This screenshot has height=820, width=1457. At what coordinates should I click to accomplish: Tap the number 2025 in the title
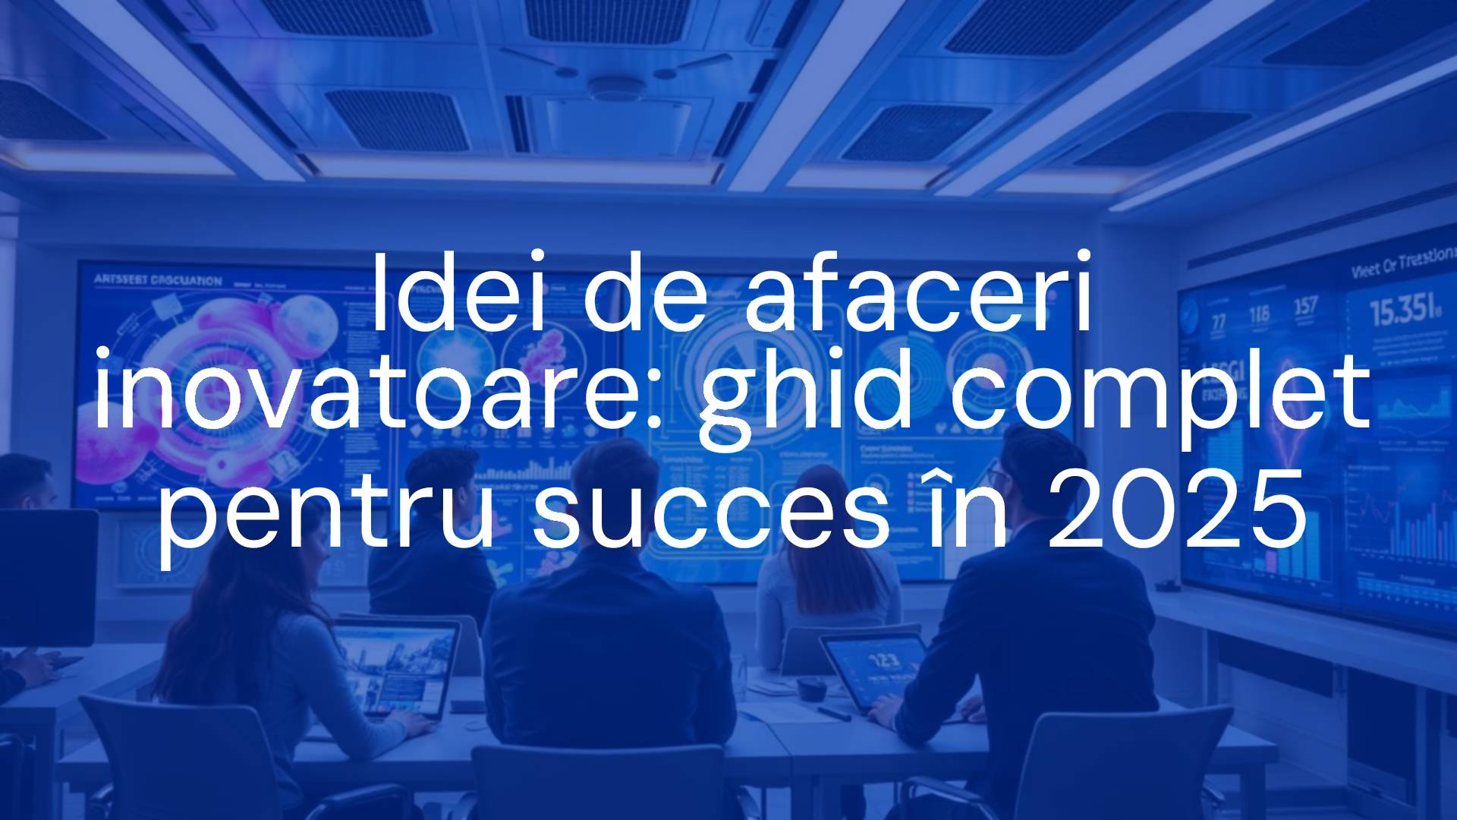(x=1175, y=507)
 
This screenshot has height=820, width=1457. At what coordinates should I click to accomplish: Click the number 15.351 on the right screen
(x=1404, y=311)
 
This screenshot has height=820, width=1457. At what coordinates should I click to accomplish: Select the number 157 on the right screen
(x=1305, y=307)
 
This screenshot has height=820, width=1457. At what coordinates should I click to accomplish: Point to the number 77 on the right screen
(x=1218, y=321)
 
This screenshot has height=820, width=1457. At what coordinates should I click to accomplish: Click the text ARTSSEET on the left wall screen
(x=121, y=279)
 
